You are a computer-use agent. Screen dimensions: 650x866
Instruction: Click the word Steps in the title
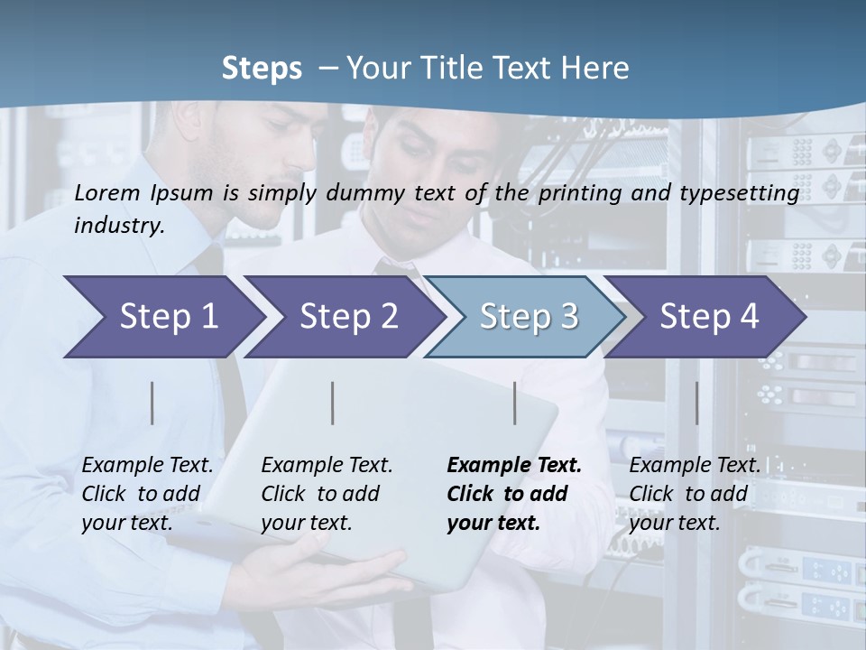(262, 69)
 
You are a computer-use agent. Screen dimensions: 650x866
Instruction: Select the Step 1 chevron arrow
(162, 317)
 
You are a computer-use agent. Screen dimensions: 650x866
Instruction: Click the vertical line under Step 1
(152, 403)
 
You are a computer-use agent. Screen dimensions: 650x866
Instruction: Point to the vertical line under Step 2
(333, 403)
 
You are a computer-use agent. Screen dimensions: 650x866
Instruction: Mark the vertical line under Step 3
(515, 403)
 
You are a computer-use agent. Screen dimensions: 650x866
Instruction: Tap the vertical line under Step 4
(696, 403)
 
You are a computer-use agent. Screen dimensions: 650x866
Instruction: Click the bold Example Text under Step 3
(514, 466)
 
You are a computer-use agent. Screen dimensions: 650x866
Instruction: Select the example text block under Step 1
(147, 494)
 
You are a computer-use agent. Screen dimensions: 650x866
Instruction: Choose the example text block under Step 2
(327, 494)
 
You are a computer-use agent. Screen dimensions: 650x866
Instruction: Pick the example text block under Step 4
(694, 494)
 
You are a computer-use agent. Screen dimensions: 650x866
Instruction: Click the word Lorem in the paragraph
(107, 192)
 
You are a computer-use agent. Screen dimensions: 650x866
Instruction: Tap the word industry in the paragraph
(117, 226)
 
